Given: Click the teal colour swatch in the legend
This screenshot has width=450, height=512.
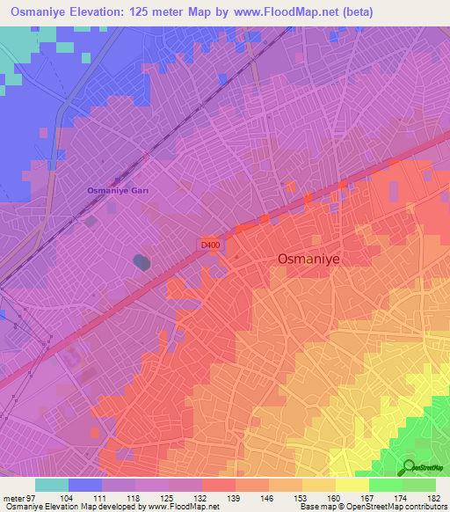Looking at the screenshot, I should coord(51,485).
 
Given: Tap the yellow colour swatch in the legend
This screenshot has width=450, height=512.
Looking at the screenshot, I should coord(351,485).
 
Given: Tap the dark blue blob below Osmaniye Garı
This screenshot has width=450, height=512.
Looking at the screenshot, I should coord(142,262).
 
